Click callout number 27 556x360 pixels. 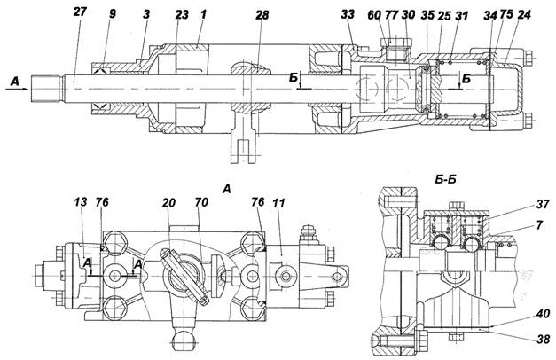click(80, 12)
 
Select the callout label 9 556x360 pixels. click(113, 14)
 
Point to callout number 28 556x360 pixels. click(262, 15)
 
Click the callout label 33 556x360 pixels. click(348, 14)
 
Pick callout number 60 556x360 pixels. click(374, 15)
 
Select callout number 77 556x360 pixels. click(391, 15)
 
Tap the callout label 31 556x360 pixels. click(461, 16)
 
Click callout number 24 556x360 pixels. click(524, 15)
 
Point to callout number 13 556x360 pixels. click(81, 202)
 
